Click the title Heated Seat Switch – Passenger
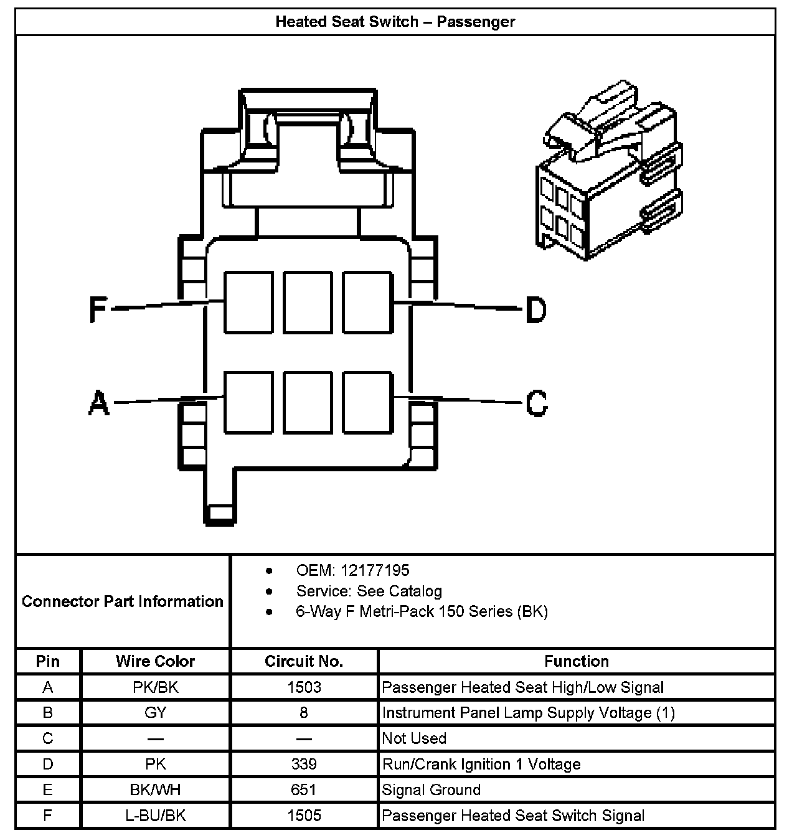click(x=395, y=22)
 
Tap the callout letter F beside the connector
click(x=98, y=309)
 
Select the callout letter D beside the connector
click(x=535, y=309)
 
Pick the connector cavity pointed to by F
click(x=248, y=302)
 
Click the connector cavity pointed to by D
click(x=367, y=302)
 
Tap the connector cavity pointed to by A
click(x=248, y=402)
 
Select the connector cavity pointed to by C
click(x=367, y=402)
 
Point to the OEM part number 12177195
click(x=352, y=570)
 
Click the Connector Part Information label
click(x=123, y=601)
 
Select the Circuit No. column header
click(x=304, y=661)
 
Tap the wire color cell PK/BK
click(x=155, y=687)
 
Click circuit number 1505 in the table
click(x=304, y=816)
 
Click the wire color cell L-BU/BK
click(x=155, y=816)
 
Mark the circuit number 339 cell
click(x=304, y=764)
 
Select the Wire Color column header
click(x=155, y=661)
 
